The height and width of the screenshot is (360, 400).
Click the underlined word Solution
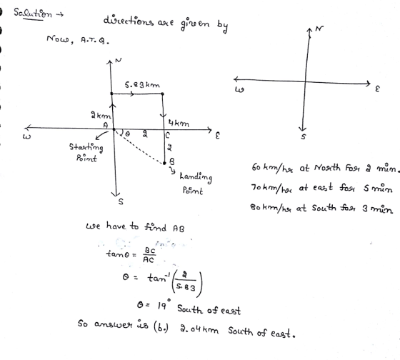click(33, 14)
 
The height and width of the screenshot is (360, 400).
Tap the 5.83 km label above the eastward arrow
click(142, 85)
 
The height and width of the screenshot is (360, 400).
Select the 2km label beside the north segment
click(101, 115)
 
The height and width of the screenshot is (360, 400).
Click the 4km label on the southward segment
click(179, 124)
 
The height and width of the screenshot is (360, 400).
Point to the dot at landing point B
click(164, 163)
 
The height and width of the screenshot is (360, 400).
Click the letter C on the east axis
click(167, 135)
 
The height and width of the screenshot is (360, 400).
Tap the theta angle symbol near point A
click(127, 134)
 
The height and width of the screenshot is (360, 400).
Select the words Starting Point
click(86, 153)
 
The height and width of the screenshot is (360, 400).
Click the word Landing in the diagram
click(196, 177)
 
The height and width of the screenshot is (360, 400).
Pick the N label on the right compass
click(319, 29)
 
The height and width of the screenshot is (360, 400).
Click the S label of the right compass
click(304, 136)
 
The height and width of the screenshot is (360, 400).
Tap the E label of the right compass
click(378, 89)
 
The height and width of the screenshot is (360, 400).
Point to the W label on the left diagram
click(26, 136)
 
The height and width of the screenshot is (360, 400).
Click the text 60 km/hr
click(272, 168)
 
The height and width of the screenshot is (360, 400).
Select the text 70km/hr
click(271, 189)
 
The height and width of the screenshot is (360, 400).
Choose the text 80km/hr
click(271, 208)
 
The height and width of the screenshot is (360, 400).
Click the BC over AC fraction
click(149, 255)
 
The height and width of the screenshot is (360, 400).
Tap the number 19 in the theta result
click(161, 306)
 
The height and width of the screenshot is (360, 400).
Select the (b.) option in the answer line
click(161, 327)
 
